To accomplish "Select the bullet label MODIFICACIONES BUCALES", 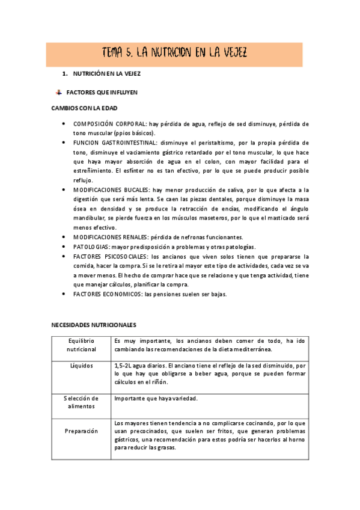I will click(x=112, y=189).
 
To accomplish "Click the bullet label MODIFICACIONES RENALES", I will click(x=111, y=237).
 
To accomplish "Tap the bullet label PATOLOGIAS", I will click(x=90, y=247).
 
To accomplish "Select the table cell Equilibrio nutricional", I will click(x=82, y=345).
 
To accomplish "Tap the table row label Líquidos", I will click(x=82, y=365).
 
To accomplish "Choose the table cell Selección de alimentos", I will click(x=82, y=402).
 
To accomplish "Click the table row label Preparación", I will click(x=82, y=431).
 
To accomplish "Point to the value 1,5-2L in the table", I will click(x=123, y=365).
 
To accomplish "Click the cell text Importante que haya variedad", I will click(x=156, y=398).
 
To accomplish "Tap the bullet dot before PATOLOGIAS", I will click(x=64, y=247).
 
